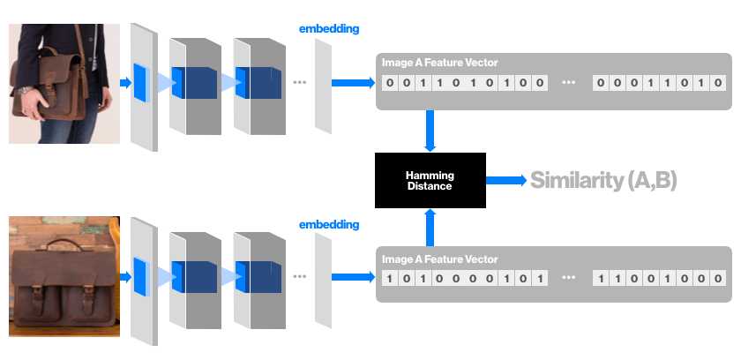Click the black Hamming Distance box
(430, 180)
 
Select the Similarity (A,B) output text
(603, 181)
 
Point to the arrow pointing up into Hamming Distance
(430, 228)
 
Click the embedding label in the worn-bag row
(329, 29)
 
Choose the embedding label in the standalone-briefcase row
(329, 225)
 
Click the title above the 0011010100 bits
(439, 63)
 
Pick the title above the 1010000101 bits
(439, 259)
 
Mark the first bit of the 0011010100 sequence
(389, 83)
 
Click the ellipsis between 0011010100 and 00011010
(569, 83)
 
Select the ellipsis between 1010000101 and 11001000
(569, 279)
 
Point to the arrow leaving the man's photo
(125, 83)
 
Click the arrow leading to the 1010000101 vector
(353, 279)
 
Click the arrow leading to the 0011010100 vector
(353, 83)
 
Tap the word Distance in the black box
(430, 186)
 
